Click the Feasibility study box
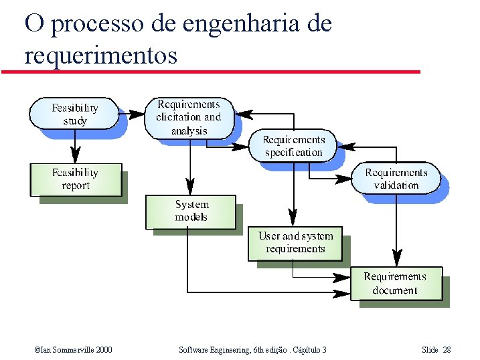pyautogui.click(x=74, y=114)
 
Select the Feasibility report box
pyautogui.click(x=75, y=179)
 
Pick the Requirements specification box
pyautogui.click(x=293, y=146)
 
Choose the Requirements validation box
pyautogui.click(x=396, y=179)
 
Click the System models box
pyautogui.click(x=191, y=211)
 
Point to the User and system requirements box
pyautogui.click(x=295, y=243)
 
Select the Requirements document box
pyautogui.click(x=396, y=283)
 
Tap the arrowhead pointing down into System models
pyautogui.click(x=191, y=187)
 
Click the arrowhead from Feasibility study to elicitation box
pyautogui.click(x=138, y=114)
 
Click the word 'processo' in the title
pyautogui.click(x=96, y=24)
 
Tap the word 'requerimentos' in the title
pyautogui.click(x=100, y=55)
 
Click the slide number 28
pyautogui.click(x=447, y=350)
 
